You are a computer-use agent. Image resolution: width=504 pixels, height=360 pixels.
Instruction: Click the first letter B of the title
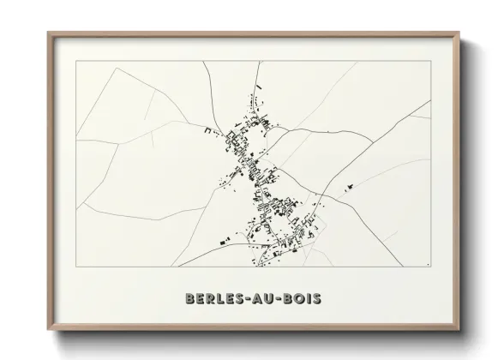point(189,298)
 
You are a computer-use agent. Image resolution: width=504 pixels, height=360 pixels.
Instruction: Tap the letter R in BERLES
point(208,298)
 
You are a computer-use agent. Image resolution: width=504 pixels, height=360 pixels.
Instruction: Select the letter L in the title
point(219,298)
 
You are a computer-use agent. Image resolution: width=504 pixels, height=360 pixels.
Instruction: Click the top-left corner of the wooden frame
point(48,33)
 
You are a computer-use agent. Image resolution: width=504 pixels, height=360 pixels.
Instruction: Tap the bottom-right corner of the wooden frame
point(459,329)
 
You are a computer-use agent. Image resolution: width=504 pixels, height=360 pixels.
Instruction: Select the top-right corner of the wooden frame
point(459,33)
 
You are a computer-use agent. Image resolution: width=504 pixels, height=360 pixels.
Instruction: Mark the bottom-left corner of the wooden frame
point(48,329)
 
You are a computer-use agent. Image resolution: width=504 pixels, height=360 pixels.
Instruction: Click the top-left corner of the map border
point(76,62)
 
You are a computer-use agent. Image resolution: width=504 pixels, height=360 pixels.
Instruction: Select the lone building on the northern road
point(255,86)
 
